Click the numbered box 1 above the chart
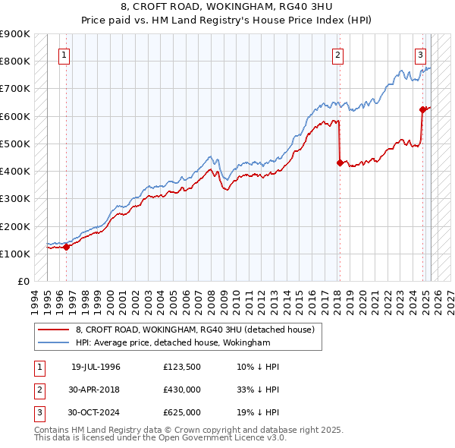65,55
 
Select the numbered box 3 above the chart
420,55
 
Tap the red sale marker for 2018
339,162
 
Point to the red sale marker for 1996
66,247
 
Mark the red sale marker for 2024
422,109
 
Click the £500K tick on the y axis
15,144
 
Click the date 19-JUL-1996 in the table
96,367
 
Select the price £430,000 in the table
181,390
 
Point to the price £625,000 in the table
181,412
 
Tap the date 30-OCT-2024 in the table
94,412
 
